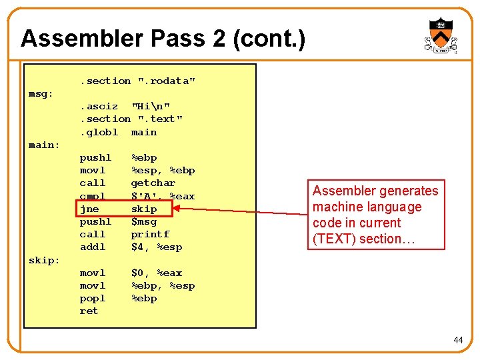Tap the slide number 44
pyautogui.click(x=458, y=340)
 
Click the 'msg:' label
pyautogui.click(x=41, y=93)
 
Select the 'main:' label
pyautogui.click(x=44, y=145)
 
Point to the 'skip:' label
pyautogui.click(x=44, y=260)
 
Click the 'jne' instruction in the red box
pyautogui.click(x=89, y=209)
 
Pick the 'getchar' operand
pyautogui.click(x=153, y=183)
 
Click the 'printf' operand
pyautogui.click(x=150, y=234)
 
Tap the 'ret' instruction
pyautogui.click(x=89, y=311)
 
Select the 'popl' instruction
pyautogui.click(x=93, y=298)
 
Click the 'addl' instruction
pyautogui.click(x=93, y=247)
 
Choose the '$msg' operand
pyautogui.click(x=144, y=221)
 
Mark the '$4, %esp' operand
pyautogui.click(x=157, y=247)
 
